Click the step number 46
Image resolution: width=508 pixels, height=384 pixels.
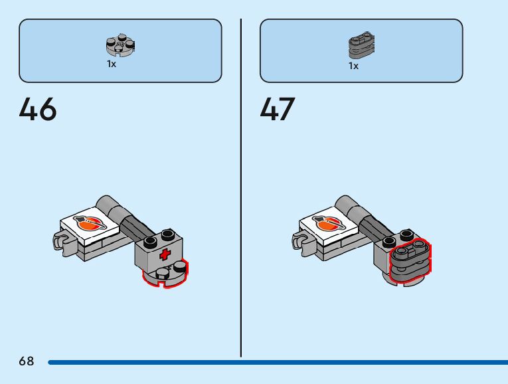pos(38,110)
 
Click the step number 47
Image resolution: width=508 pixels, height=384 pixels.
pos(278,110)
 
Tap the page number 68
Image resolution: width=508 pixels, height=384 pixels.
pos(27,361)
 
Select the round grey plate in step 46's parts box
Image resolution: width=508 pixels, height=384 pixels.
pos(120,45)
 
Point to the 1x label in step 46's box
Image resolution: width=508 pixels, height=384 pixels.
pos(112,64)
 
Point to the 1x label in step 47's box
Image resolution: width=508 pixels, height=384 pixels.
pos(353,66)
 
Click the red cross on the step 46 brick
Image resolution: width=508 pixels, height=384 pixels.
pos(164,254)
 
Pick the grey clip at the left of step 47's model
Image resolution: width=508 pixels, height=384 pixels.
pos(301,240)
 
